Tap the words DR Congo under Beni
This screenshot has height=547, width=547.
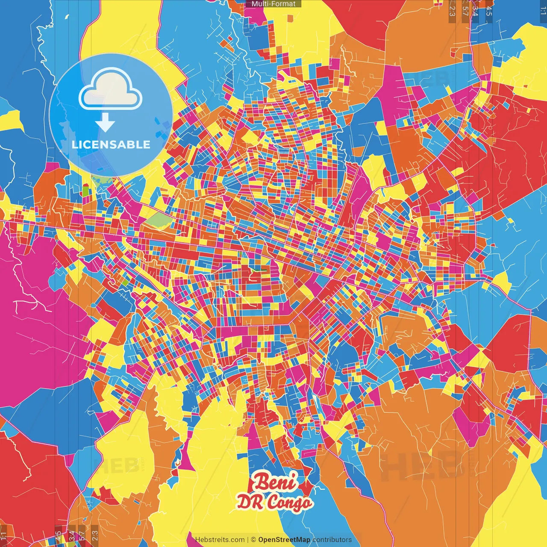click(x=274, y=502)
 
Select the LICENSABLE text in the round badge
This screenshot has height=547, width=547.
click(x=111, y=144)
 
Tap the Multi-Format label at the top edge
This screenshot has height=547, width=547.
click(x=273, y=4)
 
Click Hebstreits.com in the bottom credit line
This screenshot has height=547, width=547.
click(x=220, y=540)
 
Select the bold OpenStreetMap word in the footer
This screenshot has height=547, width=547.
click(x=284, y=540)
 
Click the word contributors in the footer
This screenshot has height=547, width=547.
click(x=332, y=540)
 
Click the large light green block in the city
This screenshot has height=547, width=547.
click(x=159, y=220)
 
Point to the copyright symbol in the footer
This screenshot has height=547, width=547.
click(x=253, y=540)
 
